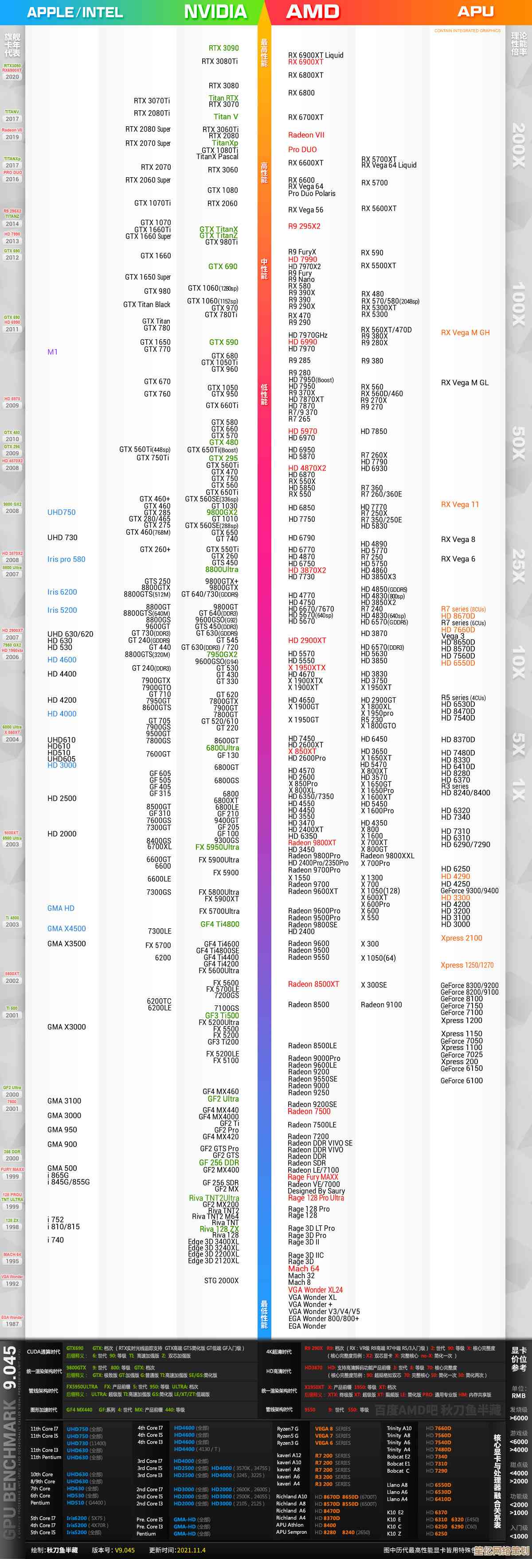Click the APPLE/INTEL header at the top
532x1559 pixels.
point(74,12)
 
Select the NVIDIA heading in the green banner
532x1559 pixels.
point(215,12)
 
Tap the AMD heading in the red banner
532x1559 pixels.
point(313,12)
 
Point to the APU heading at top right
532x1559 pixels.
point(475,12)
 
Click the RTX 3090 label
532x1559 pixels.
point(223,48)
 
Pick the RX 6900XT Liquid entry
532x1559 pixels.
point(316,55)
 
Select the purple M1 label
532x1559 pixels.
point(53,352)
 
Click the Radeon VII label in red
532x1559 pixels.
point(306,135)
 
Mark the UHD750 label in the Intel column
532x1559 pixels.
point(61,512)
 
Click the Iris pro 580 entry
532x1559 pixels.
point(66,559)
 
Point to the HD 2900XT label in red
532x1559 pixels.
point(307,640)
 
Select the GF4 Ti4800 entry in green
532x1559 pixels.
point(219,924)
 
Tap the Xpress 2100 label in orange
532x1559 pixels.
point(461,938)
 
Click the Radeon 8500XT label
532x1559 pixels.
point(313,984)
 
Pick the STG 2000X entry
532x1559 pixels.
point(221,1280)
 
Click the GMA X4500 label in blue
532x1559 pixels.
point(66,928)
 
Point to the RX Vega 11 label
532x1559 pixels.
point(459,504)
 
